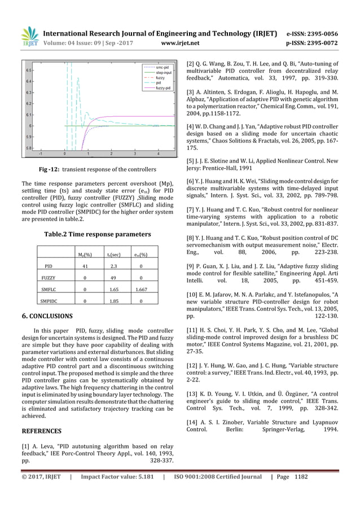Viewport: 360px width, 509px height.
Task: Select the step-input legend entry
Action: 164,72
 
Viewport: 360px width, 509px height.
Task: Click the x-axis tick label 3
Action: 134,153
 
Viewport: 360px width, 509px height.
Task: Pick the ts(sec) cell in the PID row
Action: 113,266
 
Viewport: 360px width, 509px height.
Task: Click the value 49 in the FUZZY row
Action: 113,278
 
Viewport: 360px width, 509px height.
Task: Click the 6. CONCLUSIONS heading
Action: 47,316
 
